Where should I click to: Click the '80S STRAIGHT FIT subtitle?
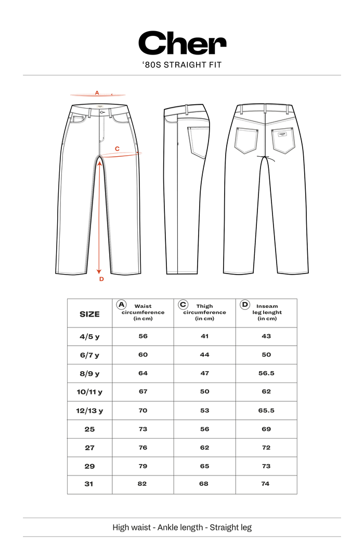182,65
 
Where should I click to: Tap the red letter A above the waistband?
97,93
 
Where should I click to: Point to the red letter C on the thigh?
117,149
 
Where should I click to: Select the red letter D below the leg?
101,279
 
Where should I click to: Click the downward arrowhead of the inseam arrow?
99,271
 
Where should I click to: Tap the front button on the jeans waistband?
101,112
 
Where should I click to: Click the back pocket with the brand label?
282,140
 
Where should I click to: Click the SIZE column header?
89,314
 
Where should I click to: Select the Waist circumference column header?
143,312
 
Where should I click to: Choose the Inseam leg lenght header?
267,312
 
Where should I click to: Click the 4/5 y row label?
89,336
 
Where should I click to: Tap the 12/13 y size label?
89,411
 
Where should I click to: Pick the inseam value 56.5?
266,373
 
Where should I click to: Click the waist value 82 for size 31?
142,483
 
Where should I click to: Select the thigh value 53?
204,411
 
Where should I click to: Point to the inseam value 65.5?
266,411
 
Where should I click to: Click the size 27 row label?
89,447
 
